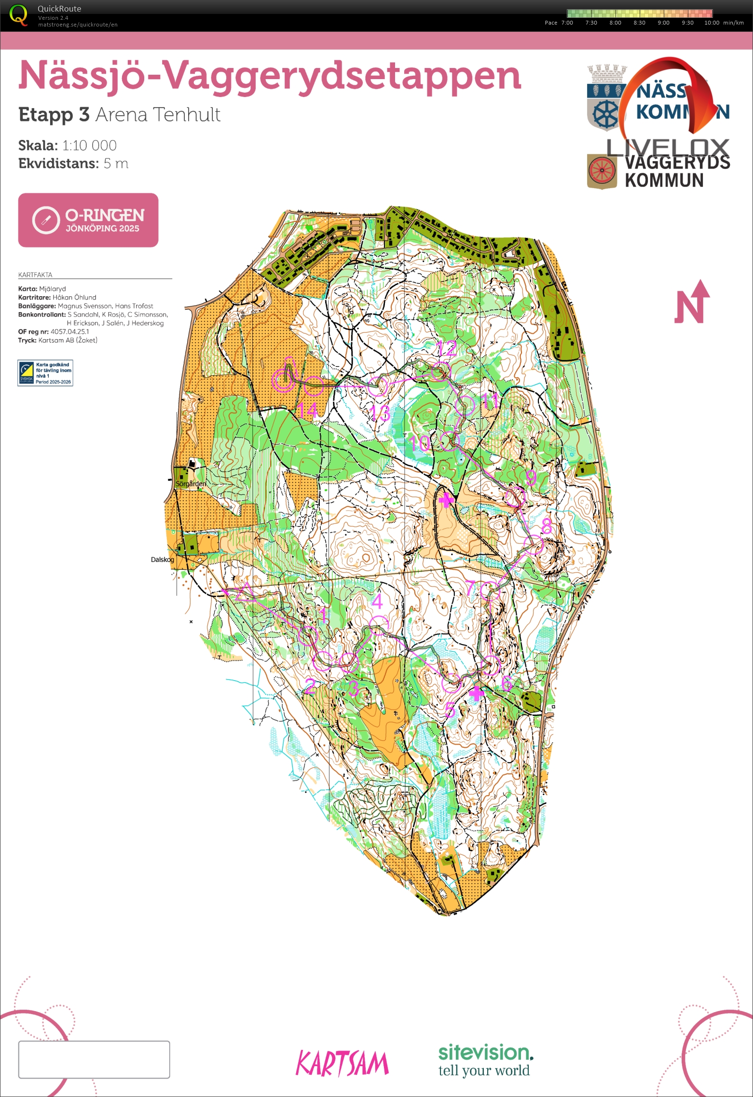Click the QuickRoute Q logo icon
tap(18, 15)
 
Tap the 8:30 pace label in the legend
tap(639, 23)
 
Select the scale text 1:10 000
tap(89, 145)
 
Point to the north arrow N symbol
tap(692, 302)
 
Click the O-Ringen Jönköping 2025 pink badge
tap(88, 220)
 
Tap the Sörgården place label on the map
tap(191, 483)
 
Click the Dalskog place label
tap(162, 560)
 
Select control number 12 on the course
tap(446, 348)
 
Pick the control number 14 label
tap(307, 411)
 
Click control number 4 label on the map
tap(377, 601)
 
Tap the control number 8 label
tap(546, 526)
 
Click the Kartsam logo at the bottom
tap(342, 1064)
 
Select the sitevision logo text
tap(485, 1052)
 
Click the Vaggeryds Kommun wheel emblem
tap(602, 171)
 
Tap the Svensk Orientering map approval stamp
tap(45, 373)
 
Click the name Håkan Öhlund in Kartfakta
tap(74, 297)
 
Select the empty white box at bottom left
tap(94, 1059)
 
